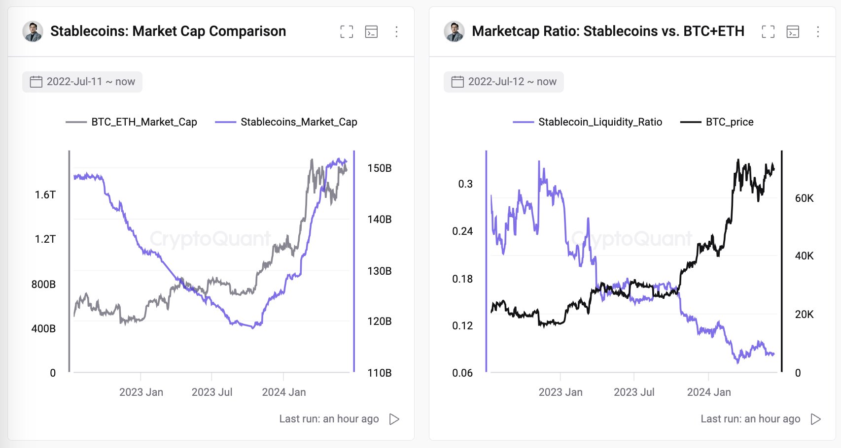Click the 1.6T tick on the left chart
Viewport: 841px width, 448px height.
tap(45, 195)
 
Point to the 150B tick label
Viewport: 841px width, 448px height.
tap(379, 168)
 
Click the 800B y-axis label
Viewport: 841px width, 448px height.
tap(43, 285)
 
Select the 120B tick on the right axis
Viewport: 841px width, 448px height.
tap(379, 321)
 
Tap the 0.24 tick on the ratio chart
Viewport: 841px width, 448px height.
tap(462, 231)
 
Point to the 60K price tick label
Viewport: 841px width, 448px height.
tap(804, 198)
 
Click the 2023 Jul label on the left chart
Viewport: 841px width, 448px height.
tap(212, 392)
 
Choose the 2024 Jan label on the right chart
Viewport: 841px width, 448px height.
tap(709, 392)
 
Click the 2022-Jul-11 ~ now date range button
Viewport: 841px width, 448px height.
tap(82, 82)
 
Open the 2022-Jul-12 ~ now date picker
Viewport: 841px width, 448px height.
tap(504, 82)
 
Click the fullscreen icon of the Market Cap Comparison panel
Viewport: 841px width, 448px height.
tap(347, 32)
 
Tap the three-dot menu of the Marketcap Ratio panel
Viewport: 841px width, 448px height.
tap(818, 32)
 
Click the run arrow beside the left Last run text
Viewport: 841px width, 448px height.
tap(394, 419)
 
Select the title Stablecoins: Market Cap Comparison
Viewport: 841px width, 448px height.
tap(168, 32)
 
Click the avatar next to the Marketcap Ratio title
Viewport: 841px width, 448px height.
tap(454, 32)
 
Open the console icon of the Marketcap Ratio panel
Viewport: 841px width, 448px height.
tap(793, 32)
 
